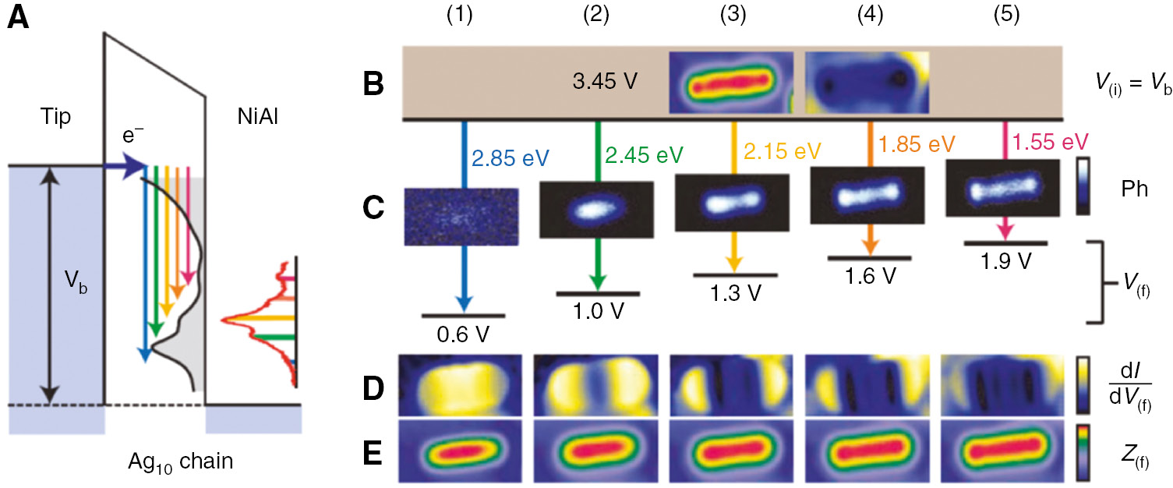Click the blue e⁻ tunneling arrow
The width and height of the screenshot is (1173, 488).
point(125,165)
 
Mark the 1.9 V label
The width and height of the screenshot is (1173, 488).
point(1005,261)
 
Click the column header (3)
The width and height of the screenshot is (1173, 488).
point(733,16)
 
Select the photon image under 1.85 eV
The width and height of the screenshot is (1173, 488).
point(867,196)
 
